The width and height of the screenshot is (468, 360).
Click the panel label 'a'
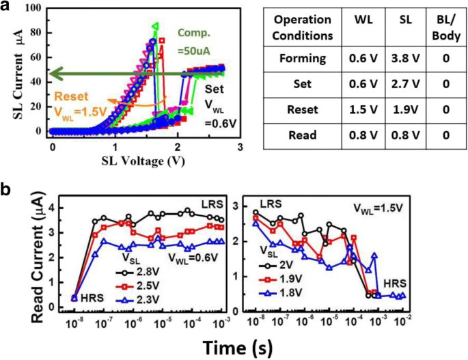[7, 8]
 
